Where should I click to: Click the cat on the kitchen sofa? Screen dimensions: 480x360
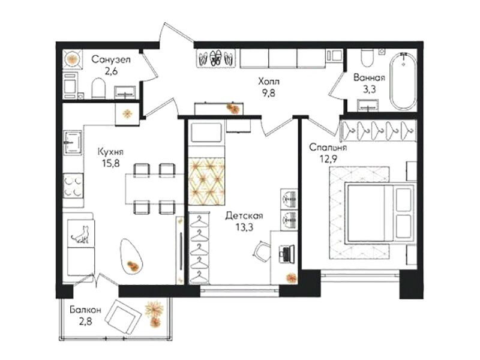(80, 235)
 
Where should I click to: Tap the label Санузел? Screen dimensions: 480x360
(111, 59)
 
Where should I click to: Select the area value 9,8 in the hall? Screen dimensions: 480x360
(268, 93)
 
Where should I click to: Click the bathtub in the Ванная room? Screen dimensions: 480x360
(403, 81)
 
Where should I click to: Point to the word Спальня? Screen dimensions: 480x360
(328, 147)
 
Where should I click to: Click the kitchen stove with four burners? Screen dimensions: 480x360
(73, 185)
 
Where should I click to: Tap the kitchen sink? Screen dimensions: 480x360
(73, 142)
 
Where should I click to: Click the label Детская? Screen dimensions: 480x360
(244, 215)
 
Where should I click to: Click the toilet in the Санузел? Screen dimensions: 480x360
(98, 88)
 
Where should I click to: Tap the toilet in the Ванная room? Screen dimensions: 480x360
(367, 58)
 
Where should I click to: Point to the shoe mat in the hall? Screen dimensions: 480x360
(216, 58)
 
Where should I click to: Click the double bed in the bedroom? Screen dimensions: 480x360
(380, 213)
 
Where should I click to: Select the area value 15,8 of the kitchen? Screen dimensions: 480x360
(111, 163)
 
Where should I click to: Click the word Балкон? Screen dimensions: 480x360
(85, 310)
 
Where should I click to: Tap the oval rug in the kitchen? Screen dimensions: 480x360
(132, 257)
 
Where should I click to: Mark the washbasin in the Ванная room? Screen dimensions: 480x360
(368, 105)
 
